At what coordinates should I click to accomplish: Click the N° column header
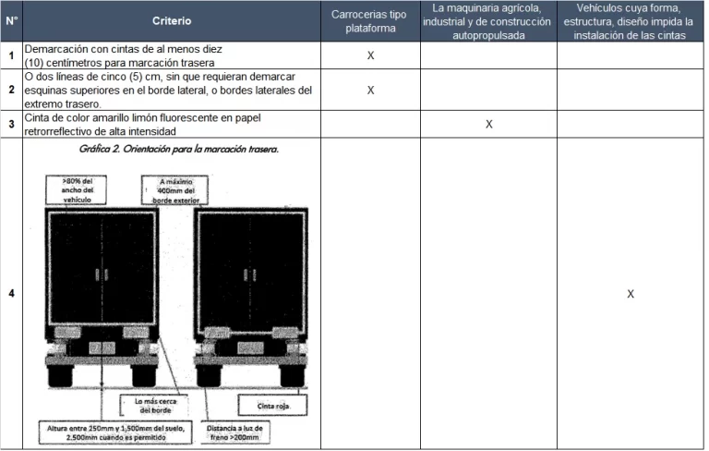pos(11,20)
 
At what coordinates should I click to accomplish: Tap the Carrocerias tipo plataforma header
pos(369,20)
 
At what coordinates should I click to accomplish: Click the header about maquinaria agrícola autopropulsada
pos(488,20)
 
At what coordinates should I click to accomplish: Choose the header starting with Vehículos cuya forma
pos(630,20)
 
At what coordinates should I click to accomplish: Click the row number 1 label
pos(11,55)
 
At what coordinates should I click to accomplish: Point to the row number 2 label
pos(11,90)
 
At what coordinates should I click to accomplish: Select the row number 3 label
pos(11,125)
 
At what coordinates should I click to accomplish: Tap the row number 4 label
pos(11,294)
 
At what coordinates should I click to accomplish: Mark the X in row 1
pos(370,55)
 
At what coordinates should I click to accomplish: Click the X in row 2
pos(370,90)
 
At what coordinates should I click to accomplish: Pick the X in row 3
pos(489,125)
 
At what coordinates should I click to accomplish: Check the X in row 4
pos(631,294)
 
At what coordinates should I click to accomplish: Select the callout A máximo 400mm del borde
pos(174,189)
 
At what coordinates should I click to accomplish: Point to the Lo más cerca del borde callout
pos(156,407)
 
